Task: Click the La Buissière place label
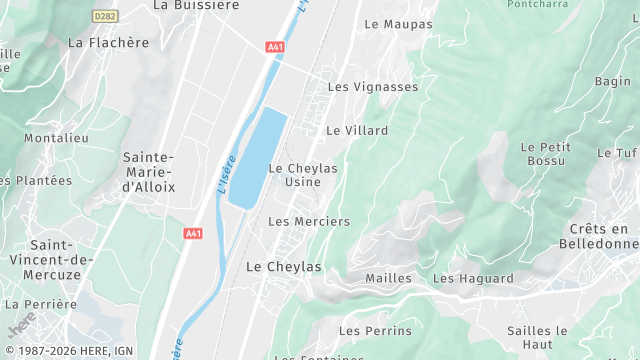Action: [196, 5]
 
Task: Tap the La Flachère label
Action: [108, 43]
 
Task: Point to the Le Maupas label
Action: [398, 23]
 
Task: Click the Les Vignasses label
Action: [373, 87]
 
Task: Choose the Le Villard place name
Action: [357, 130]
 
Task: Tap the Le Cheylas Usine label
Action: [303, 174]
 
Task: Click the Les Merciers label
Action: [309, 221]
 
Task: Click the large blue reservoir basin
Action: [257, 155]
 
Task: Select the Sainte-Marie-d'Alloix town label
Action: [148, 172]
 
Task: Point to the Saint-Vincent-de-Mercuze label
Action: [61, 259]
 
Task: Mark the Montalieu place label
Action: [56, 138]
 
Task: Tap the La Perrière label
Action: [41, 304]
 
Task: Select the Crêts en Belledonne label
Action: [603, 236]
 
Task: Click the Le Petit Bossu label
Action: [543, 153]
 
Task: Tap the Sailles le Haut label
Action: [537, 337]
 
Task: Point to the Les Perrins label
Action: [375, 331]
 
